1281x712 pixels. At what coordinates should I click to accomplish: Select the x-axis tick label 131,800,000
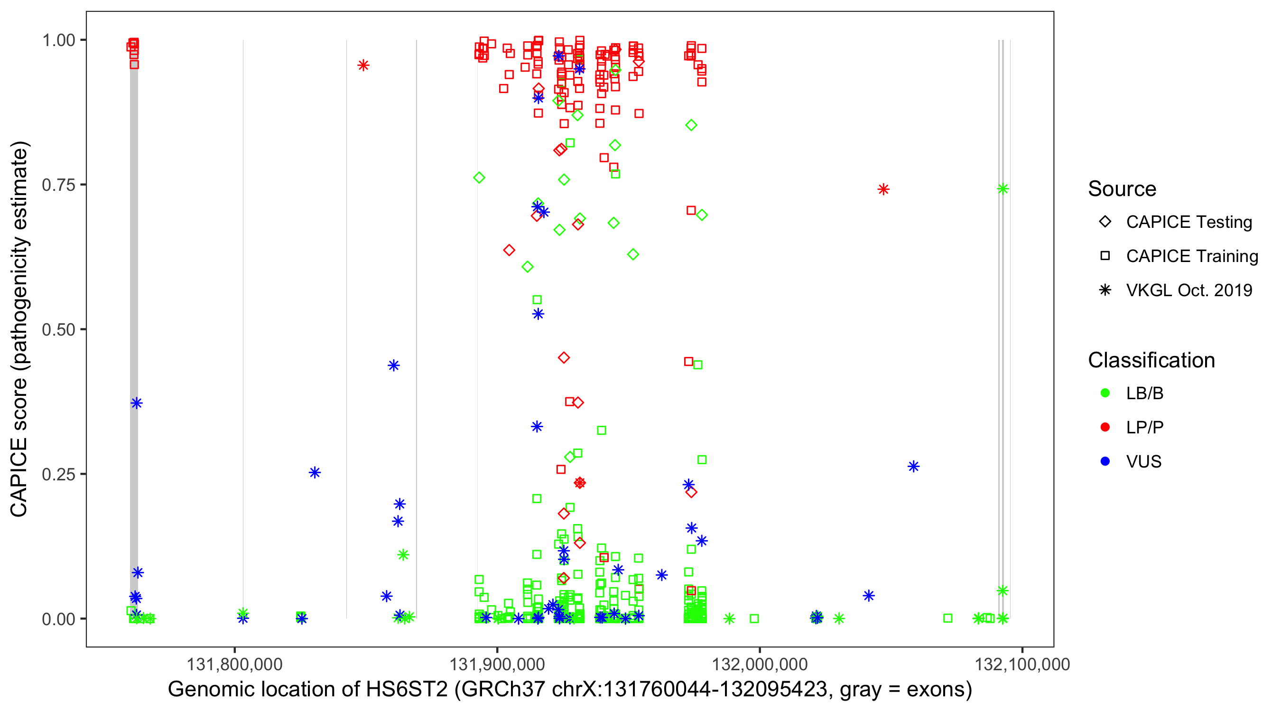pyautogui.click(x=234, y=664)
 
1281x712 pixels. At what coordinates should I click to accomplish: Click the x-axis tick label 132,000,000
pyautogui.click(x=760, y=664)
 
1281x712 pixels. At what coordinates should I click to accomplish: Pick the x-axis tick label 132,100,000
pyautogui.click(x=1022, y=664)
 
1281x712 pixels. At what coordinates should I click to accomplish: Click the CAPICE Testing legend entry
pyautogui.click(x=1188, y=222)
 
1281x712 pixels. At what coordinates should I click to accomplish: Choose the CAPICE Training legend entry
pyautogui.click(x=1191, y=256)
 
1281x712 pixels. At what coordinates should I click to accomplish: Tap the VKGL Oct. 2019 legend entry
pyautogui.click(x=1188, y=290)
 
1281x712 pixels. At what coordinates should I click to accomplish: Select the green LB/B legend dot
pyautogui.click(x=1105, y=393)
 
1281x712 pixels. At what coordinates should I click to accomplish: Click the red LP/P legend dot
pyautogui.click(x=1105, y=427)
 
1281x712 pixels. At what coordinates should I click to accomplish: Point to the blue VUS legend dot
pyautogui.click(x=1105, y=461)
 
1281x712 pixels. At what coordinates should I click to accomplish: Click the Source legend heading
pyautogui.click(x=1122, y=189)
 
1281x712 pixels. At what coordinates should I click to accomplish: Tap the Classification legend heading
pyautogui.click(x=1151, y=360)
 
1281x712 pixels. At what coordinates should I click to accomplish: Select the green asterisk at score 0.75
pyautogui.click(x=1003, y=188)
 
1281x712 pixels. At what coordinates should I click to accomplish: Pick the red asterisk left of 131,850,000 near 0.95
pyautogui.click(x=363, y=65)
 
